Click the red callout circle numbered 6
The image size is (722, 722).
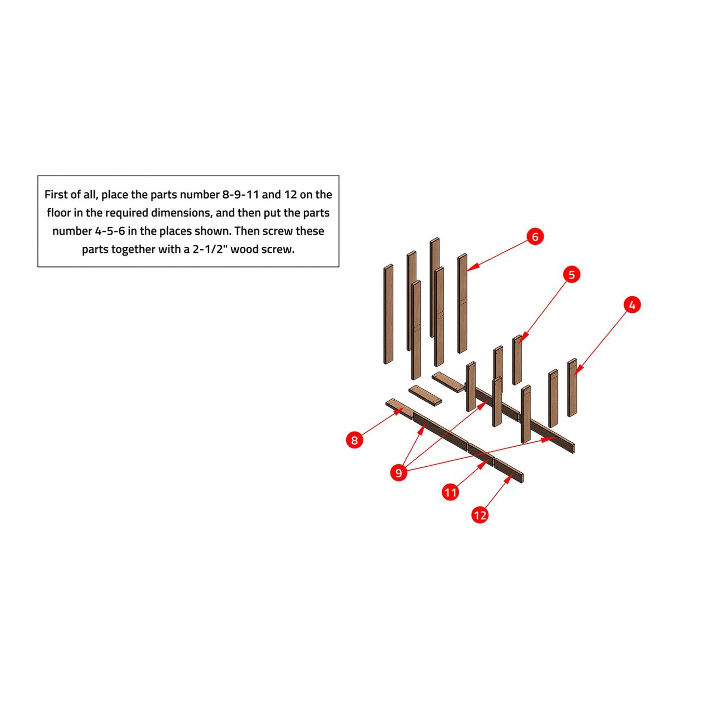pos(535,237)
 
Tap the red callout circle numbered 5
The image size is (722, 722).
pos(572,275)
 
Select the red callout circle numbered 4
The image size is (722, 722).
pos(632,305)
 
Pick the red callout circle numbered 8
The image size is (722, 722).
pos(354,440)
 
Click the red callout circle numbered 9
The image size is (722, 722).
pos(399,473)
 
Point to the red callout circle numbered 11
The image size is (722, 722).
pos(450,492)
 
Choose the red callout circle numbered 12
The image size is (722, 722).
pos(480,515)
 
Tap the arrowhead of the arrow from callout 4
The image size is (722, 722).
pos(577,370)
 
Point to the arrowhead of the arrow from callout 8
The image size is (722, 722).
pos(398,411)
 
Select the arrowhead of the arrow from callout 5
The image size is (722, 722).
pos(522,338)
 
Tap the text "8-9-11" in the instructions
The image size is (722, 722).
pos(238,194)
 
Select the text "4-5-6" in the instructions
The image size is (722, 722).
pos(110,231)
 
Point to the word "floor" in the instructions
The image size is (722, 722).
pos(58,213)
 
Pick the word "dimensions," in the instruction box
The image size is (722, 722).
pos(181,213)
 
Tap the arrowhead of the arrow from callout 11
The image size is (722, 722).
pos(486,463)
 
